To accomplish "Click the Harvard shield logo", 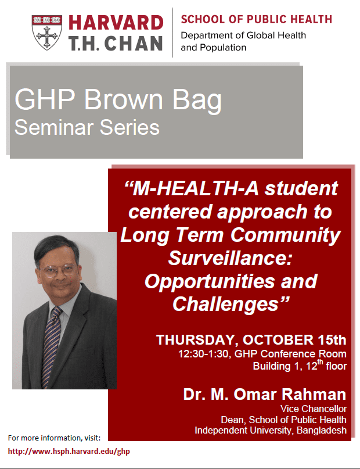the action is click(47, 33).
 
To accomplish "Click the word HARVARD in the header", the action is click(116, 23).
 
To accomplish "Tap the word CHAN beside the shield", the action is click(133, 44).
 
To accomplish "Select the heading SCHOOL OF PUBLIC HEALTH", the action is click(256, 19).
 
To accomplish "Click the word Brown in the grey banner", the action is click(123, 99).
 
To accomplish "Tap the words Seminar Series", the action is click(87, 127).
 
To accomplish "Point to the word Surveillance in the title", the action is click(230, 258).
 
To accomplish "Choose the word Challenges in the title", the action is click(225, 304).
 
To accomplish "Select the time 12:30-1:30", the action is click(203, 354).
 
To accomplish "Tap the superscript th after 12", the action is click(321, 362).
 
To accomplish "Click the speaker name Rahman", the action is click(314, 394).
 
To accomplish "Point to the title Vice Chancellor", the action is click(314, 409).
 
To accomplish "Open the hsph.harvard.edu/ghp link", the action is click(69, 452).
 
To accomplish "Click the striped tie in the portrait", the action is click(51, 347).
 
